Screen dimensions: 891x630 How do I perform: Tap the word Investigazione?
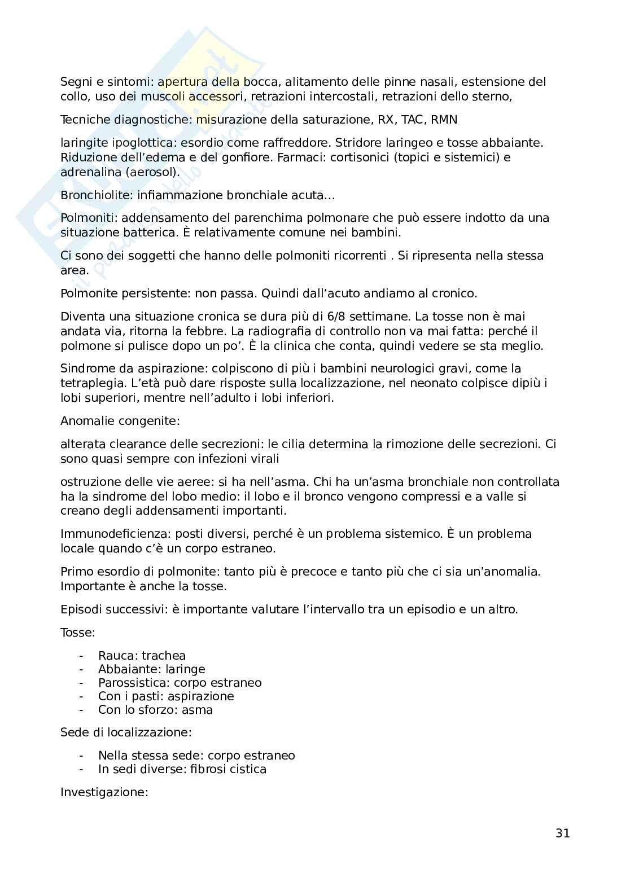coord(103,792)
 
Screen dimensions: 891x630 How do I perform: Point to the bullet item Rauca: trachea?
coord(142,656)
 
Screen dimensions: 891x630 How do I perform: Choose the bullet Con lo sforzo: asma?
coord(155,710)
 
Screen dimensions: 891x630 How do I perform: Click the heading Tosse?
coord(78,633)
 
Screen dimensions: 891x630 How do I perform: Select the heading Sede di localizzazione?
coord(125,732)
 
